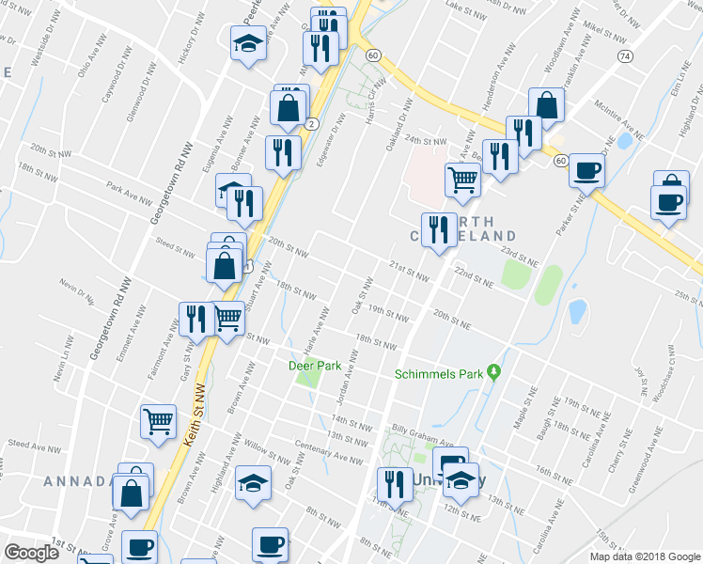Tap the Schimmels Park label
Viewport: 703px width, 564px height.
[438, 374]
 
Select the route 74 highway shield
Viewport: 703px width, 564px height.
[625, 56]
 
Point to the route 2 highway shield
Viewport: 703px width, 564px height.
[310, 124]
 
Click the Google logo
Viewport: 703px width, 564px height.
[31, 553]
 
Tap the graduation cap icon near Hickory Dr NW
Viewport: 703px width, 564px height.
[248, 44]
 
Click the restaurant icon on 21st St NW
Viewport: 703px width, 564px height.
[437, 229]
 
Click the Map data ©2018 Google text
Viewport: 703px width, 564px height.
[642, 556]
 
